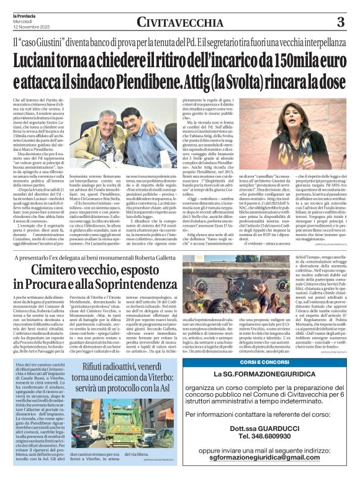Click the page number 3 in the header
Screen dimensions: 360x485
tap(340, 22)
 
